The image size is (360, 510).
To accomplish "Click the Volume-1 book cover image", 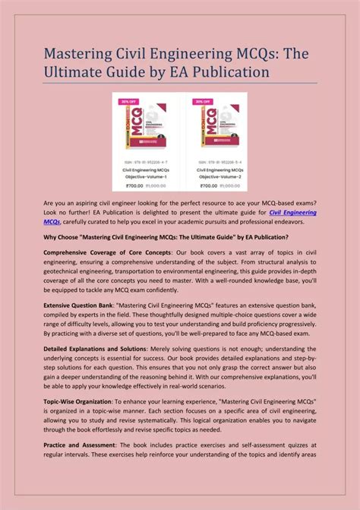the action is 144,129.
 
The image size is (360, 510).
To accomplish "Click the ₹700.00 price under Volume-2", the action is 203,184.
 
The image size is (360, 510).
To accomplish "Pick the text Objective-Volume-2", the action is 216,176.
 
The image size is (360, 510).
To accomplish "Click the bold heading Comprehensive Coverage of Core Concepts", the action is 109,252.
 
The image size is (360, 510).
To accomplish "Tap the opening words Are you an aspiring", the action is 76,204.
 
